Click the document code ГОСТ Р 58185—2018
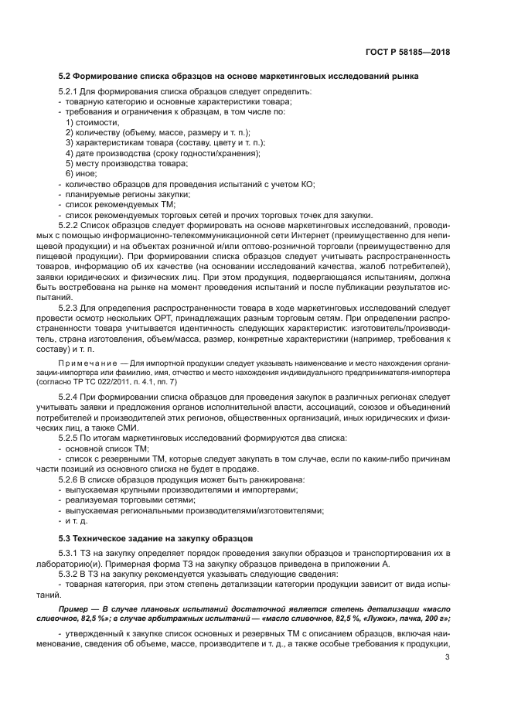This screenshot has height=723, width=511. tap(408, 52)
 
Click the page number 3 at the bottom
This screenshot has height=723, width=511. tap(448, 657)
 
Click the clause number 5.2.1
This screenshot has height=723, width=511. tap(70, 92)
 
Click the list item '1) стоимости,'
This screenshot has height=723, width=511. tap(92, 122)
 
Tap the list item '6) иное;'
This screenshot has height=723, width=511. tap(81, 173)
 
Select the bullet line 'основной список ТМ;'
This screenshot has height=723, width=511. tap(107, 448)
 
